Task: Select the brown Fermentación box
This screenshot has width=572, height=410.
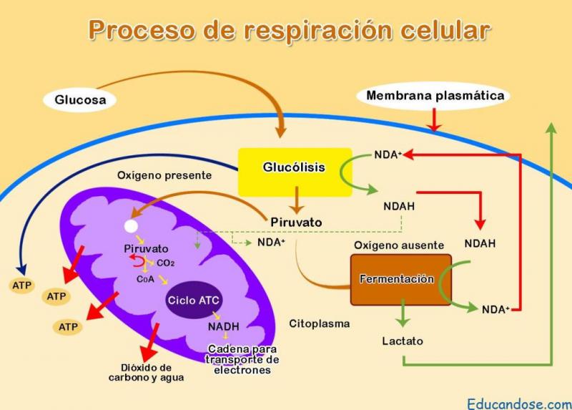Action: pos(400,279)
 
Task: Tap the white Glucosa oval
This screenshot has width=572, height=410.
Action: pos(80,100)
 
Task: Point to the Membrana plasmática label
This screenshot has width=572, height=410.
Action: pos(435,95)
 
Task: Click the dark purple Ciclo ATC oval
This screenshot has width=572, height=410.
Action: pos(193,300)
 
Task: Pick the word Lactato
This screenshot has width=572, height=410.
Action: pos(403,341)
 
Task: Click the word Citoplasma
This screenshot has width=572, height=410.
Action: pos(320,323)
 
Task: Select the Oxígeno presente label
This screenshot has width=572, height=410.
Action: pos(164,175)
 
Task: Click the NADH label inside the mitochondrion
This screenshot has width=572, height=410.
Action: pos(223,326)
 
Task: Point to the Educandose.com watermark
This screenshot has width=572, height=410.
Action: pos(519,403)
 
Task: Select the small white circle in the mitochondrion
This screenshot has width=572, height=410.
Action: pos(131,226)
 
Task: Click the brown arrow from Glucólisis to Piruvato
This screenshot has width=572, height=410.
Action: pos(295,200)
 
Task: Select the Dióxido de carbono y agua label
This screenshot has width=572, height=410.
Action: pos(147,372)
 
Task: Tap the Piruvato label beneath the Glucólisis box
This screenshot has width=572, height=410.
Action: pos(296,223)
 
